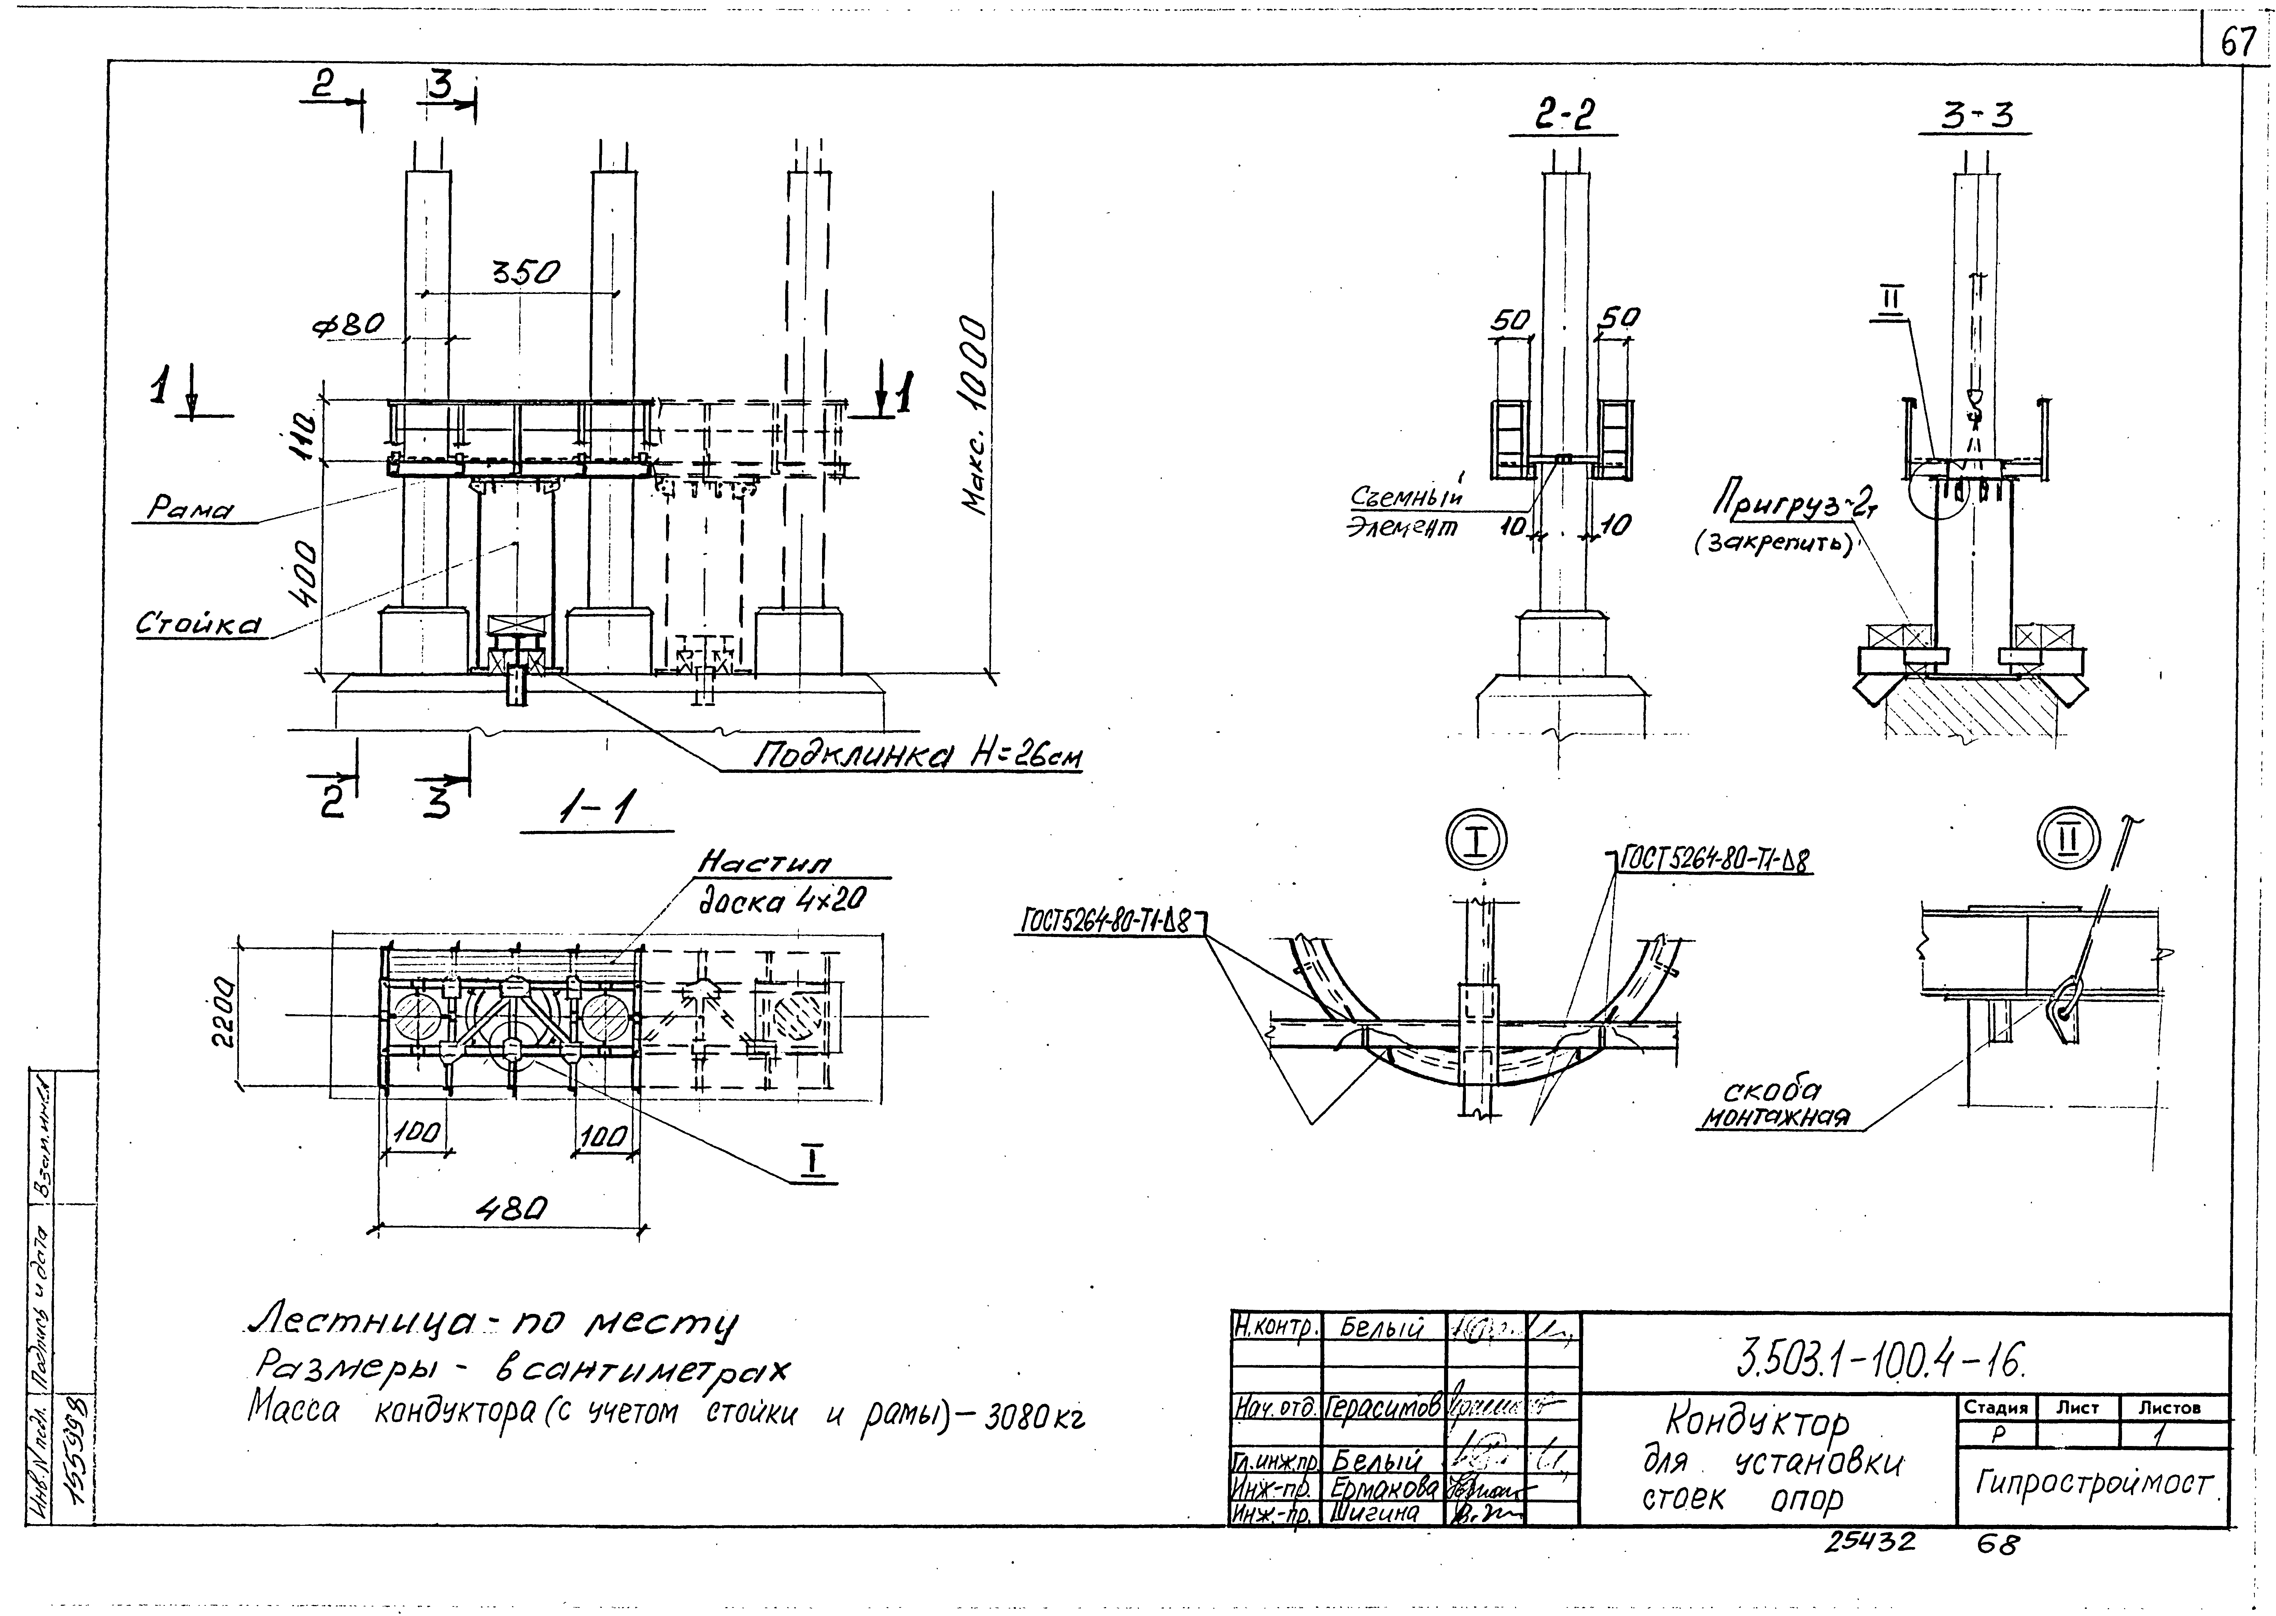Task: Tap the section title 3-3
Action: [x=1977, y=117]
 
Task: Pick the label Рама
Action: [x=189, y=510]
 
